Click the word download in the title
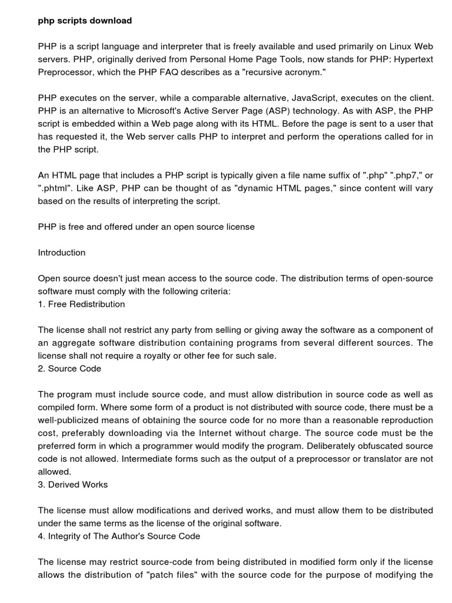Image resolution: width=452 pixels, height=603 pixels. [x=112, y=21]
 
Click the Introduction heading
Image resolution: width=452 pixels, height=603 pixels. [x=62, y=253]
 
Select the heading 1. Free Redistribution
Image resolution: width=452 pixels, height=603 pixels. [x=82, y=304]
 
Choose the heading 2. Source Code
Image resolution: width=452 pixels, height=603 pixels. [x=69, y=369]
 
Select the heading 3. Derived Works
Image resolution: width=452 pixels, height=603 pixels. [x=73, y=485]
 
